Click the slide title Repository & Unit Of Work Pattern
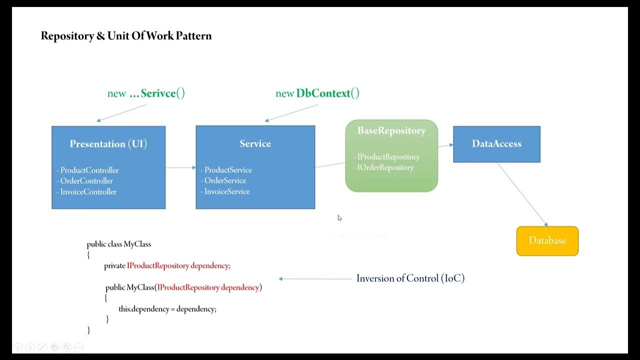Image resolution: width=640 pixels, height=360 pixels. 126,36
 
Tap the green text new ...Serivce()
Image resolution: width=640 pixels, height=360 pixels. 146,93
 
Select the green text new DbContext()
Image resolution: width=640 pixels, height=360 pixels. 317,93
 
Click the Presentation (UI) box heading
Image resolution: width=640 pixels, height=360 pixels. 108,144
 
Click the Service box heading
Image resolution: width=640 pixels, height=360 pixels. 255,144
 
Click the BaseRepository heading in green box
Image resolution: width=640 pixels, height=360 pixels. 391,131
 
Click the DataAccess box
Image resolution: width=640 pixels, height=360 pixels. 496,144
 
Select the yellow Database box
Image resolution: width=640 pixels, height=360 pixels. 547,241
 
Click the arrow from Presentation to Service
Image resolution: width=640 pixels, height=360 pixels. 180,167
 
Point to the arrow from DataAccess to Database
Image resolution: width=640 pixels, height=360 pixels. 522,194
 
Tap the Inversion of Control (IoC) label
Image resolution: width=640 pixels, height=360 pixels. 410,278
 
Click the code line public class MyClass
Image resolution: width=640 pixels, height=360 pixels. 119,244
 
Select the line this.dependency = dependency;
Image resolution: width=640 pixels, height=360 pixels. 167,309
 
